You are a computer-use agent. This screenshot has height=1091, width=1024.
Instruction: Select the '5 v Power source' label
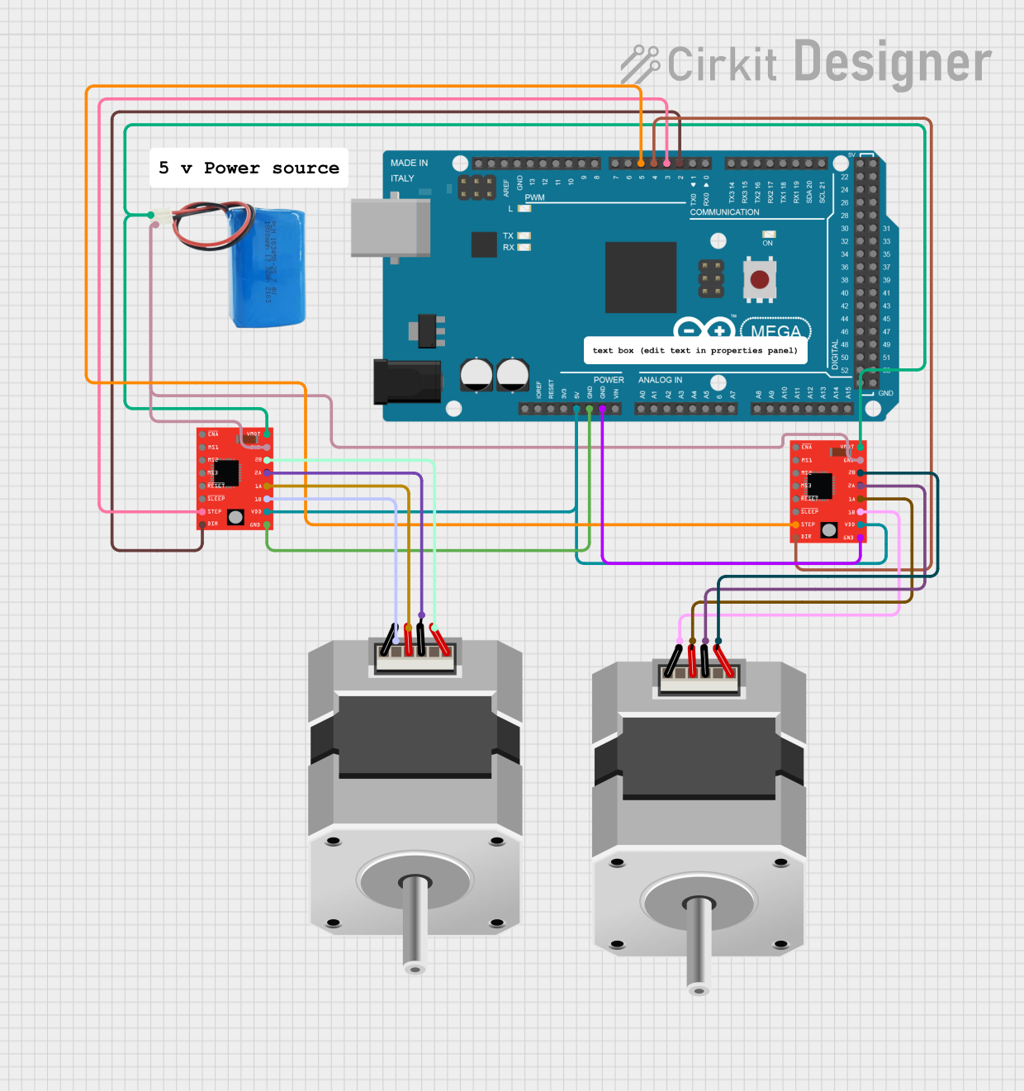[x=249, y=168]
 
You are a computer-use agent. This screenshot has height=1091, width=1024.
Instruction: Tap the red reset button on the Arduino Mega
[x=760, y=280]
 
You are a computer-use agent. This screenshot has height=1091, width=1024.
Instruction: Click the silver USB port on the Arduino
[x=390, y=228]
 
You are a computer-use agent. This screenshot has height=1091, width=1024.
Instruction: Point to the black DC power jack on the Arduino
[x=406, y=382]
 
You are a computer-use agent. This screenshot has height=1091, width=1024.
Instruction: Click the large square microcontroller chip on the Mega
[x=640, y=277]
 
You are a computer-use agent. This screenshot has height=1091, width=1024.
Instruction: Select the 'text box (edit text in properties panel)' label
[x=695, y=350]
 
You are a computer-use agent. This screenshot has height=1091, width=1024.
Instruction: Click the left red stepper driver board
[x=234, y=479]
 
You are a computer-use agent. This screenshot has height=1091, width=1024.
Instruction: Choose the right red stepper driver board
[x=827, y=492]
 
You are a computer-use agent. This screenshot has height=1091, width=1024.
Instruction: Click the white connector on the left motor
[x=415, y=656]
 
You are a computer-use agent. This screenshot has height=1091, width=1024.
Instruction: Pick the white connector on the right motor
[x=699, y=677]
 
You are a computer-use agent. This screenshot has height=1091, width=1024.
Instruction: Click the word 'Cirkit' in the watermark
[x=722, y=64]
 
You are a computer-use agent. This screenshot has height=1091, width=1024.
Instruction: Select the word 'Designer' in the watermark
[x=893, y=63]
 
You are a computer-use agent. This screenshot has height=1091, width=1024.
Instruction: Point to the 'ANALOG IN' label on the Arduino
[x=660, y=380]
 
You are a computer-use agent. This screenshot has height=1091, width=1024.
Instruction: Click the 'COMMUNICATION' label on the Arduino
[x=724, y=212]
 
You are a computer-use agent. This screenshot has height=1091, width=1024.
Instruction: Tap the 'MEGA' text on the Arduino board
[x=775, y=332]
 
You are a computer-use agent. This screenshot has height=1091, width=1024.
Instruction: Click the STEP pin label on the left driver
[x=215, y=511]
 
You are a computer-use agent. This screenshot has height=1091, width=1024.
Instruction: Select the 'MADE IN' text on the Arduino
[x=409, y=164]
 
